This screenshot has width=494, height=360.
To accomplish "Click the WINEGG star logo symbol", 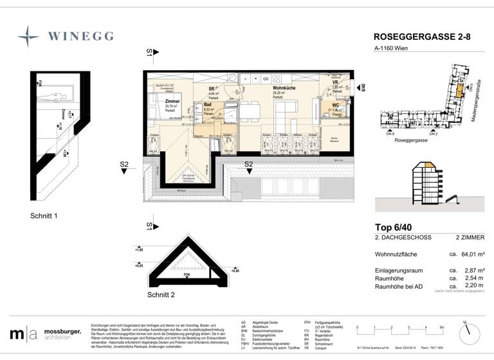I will pyautogui.click(x=28, y=37).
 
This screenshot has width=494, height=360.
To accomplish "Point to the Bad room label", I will pyautogui.click(x=208, y=104).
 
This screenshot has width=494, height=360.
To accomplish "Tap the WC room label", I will pyautogui.click(x=336, y=105).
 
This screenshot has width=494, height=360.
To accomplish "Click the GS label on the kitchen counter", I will pyautogui.click(x=265, y=78).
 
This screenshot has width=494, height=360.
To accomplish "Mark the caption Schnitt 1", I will pyautogui.click(x=44, y=216).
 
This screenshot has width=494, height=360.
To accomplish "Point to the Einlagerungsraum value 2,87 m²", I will pyautogui.click(x=475, y=271).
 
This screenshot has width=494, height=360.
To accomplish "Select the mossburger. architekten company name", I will pyautogui.click(x=62, y=335).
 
